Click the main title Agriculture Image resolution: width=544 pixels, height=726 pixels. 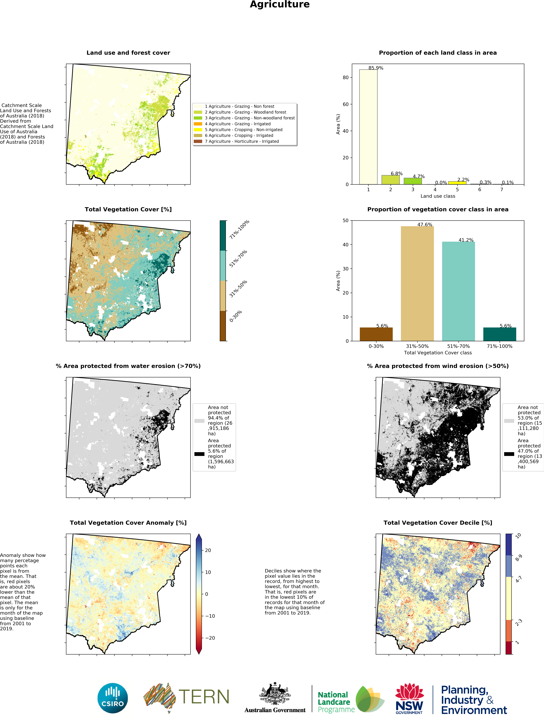(280, 5)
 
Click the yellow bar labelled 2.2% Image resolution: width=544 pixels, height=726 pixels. (457, 182)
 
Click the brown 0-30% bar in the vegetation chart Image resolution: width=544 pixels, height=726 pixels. (376, 334)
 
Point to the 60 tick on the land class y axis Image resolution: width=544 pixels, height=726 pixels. (345, 104)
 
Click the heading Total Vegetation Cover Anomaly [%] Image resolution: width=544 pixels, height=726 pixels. (128, 523)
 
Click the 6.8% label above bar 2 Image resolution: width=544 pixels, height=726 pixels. (396, 174)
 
